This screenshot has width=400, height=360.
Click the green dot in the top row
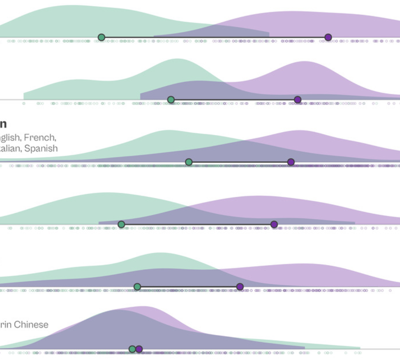coord(101,37)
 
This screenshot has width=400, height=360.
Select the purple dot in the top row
coord(328,37)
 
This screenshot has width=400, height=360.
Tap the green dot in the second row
coord(171,100)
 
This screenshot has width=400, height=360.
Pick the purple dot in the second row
coord(298,100)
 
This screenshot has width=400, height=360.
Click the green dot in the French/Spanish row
coord(189,162)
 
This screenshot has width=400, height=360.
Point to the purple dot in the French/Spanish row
coord(291,162)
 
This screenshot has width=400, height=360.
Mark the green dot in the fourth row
coord(121,224)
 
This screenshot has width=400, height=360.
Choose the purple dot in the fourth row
coord(274,224)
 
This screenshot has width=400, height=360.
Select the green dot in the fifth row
coord(137,287)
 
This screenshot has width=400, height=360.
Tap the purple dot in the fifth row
coord(240,287)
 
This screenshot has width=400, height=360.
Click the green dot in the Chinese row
coord(132,349)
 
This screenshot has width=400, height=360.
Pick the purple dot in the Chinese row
coord(139,349)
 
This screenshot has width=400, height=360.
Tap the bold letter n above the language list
coord(3,124)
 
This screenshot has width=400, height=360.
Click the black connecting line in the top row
coord(215,37)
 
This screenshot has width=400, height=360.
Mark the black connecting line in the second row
coord(234,100)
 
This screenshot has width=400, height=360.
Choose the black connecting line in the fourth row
coord(197,224)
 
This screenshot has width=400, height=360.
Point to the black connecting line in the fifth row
coord(188,287)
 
